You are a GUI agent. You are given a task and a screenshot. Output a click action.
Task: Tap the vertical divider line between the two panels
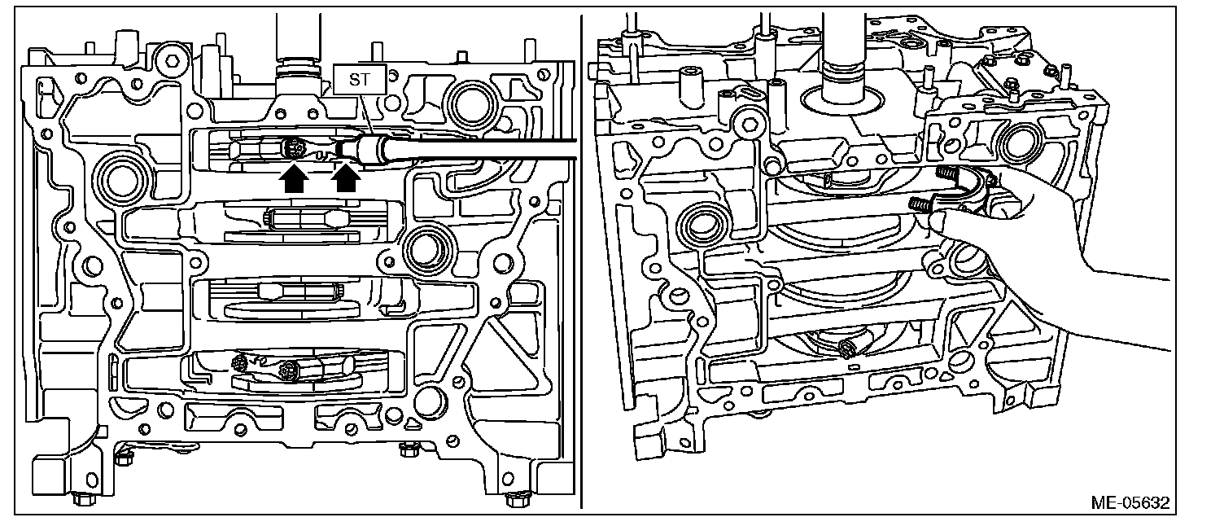click(582, 261)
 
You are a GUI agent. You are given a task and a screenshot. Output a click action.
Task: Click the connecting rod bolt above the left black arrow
click(294, 149)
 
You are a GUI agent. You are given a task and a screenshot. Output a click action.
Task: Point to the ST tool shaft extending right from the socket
click(472, 147)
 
